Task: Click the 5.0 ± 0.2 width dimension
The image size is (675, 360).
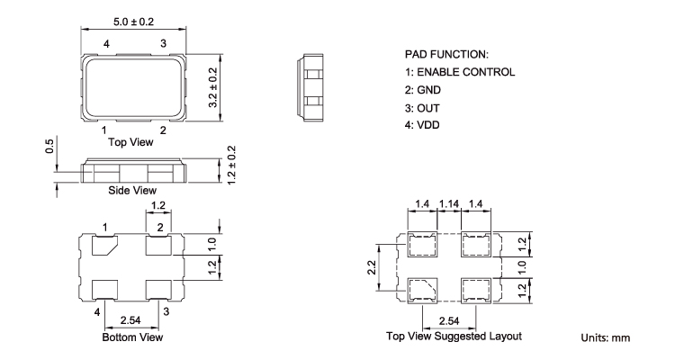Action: tap(133, 22)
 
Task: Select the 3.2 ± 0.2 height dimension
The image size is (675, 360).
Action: tap(213, 88)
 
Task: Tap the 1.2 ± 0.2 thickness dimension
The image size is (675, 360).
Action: tap(231, 166)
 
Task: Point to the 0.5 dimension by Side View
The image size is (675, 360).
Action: tap(49, 146)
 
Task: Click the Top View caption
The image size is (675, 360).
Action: tap(130, 142)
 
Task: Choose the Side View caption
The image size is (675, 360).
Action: tap(132, 190)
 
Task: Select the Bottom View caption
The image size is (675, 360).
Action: tap(132, 337)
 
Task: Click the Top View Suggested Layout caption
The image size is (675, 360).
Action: tap(454, 337)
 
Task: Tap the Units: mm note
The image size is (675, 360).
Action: tap(606, 338)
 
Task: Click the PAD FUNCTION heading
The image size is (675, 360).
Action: tap(446, 55)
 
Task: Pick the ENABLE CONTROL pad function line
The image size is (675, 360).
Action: tap(460, 72)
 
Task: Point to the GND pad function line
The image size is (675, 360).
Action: tap(423, 90)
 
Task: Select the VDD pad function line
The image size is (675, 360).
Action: tap(422, 125)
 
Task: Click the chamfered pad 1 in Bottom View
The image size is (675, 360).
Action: tap(103, 246)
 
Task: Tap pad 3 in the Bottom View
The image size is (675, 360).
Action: tap(158, 290)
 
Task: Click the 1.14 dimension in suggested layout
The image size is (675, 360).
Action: tap(449, 203)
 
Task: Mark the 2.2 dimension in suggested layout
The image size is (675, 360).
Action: tap(372, 267)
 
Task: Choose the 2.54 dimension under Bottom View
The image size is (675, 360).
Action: tap(130, 320)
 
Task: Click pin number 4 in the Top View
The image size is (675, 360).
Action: tap(106, 44)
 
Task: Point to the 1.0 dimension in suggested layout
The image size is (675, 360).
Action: tap(522, 267)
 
